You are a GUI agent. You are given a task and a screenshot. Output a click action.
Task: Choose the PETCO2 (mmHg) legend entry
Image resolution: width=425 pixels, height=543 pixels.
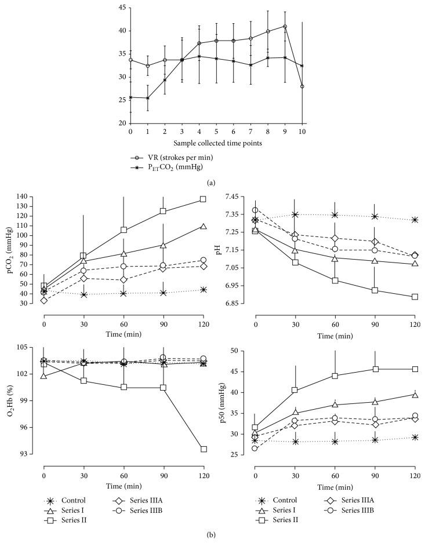coord(180,169)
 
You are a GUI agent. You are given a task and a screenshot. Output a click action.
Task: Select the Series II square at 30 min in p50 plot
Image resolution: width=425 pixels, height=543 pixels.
coord(295,390)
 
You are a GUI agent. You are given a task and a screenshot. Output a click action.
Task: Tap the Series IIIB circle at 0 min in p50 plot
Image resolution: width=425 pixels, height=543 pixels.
coord(255,448)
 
